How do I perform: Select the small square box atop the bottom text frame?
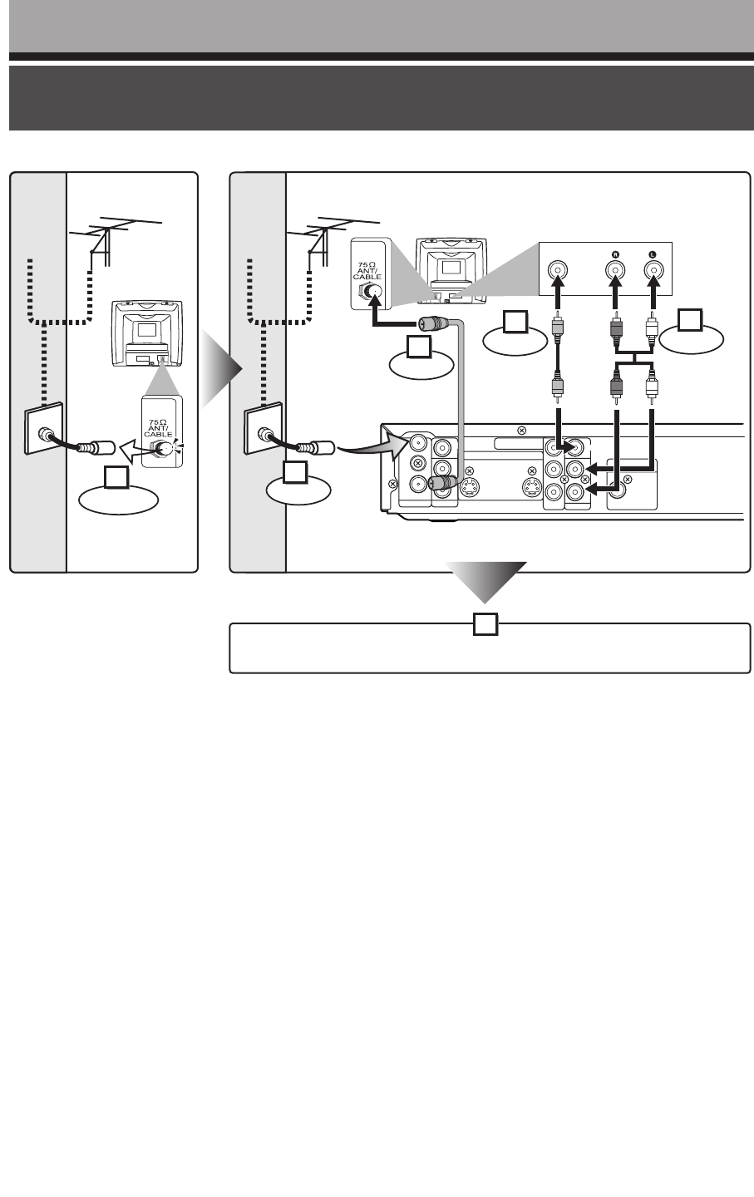[x=485, y=624]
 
